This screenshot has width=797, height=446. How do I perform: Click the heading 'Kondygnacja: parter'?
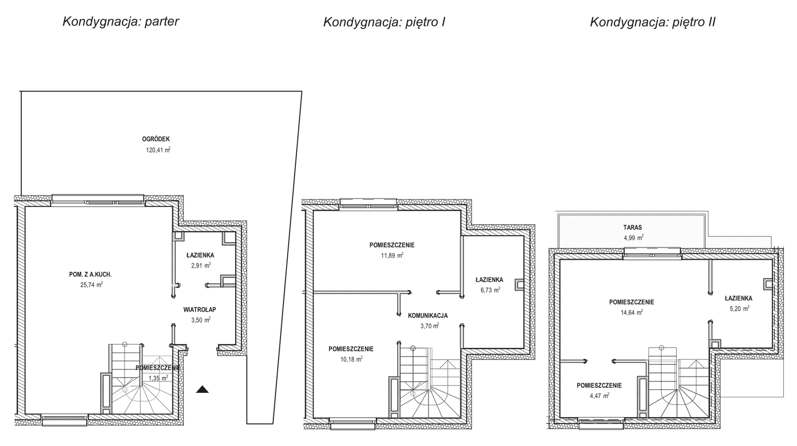(121, 22)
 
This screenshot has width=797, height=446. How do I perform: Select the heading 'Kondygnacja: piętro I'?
(384, 22)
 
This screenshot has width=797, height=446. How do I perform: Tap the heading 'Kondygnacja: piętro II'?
(653, 22)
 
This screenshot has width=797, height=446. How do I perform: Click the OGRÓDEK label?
(156, 139)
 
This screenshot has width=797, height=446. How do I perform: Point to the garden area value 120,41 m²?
(158, 150)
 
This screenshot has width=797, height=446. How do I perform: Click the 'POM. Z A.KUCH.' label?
(90, 274)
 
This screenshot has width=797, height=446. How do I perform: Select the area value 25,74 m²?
(91, 285)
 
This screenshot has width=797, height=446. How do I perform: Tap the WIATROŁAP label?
(200, 310)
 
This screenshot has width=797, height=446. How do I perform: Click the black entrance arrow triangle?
(202, 389)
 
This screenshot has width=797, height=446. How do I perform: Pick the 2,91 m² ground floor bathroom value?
(201, 265)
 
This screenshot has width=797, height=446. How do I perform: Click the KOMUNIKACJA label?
(428, 316)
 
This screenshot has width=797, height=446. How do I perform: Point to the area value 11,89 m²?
(392, 255)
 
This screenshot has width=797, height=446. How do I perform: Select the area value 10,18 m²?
(352, 359)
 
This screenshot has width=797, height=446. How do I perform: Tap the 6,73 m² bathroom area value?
(490, 290)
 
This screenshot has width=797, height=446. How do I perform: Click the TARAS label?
(633, 227)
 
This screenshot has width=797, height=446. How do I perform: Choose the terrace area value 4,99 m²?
(634, 238)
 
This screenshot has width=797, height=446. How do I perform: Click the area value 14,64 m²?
(632, 312)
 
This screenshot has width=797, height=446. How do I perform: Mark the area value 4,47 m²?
(599, 396)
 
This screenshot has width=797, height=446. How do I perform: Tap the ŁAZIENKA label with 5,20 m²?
(739, 298)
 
